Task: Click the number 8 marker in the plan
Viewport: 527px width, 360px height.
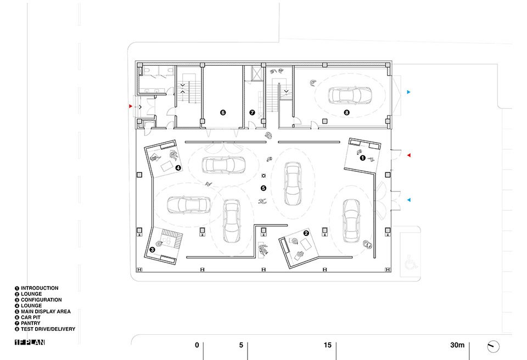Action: pos(346,113)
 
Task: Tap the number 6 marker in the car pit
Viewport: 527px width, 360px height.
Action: pos(222,113)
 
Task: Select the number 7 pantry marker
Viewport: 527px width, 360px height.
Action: pos(252,113)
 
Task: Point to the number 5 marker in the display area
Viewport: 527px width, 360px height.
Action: pos(263,188)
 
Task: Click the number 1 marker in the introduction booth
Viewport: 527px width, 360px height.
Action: pos(362,158)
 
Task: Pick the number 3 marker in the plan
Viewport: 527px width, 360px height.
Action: pos(153,250)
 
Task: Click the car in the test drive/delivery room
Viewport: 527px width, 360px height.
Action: pos(348,94)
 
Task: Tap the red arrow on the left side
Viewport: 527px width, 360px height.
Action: pos(130,106)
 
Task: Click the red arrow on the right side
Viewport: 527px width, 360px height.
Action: pos(408,156)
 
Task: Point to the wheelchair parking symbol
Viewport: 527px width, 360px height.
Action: pos(409,265)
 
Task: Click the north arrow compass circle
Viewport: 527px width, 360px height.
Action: pos(494,346)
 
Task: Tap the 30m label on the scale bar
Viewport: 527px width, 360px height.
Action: pos(457,345)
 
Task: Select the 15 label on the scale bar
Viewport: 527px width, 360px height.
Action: pos(327,345)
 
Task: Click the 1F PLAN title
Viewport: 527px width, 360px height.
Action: pos(30,343)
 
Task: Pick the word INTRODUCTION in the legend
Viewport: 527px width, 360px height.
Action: pos(39,288)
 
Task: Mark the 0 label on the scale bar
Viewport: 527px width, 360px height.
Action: pos(197,345)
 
